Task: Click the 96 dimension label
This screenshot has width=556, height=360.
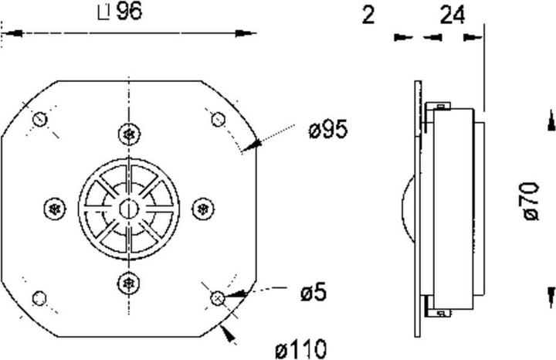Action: tap(130, 12)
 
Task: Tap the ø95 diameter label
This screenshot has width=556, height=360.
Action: tap(328, 130)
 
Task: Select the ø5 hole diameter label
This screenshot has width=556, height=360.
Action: tap(314, 293)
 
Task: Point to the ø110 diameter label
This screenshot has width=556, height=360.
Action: tap(300, 349)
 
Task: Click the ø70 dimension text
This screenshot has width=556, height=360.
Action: tap(531, 201)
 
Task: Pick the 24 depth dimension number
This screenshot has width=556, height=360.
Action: tap(452, 15)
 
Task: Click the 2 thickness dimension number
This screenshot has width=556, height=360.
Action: tap(368, 15)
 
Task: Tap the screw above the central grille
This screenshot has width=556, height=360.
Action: tap(129, 134)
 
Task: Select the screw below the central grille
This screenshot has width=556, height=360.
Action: tap(128, 284)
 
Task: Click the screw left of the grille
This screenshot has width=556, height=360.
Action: tap(55, 209)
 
